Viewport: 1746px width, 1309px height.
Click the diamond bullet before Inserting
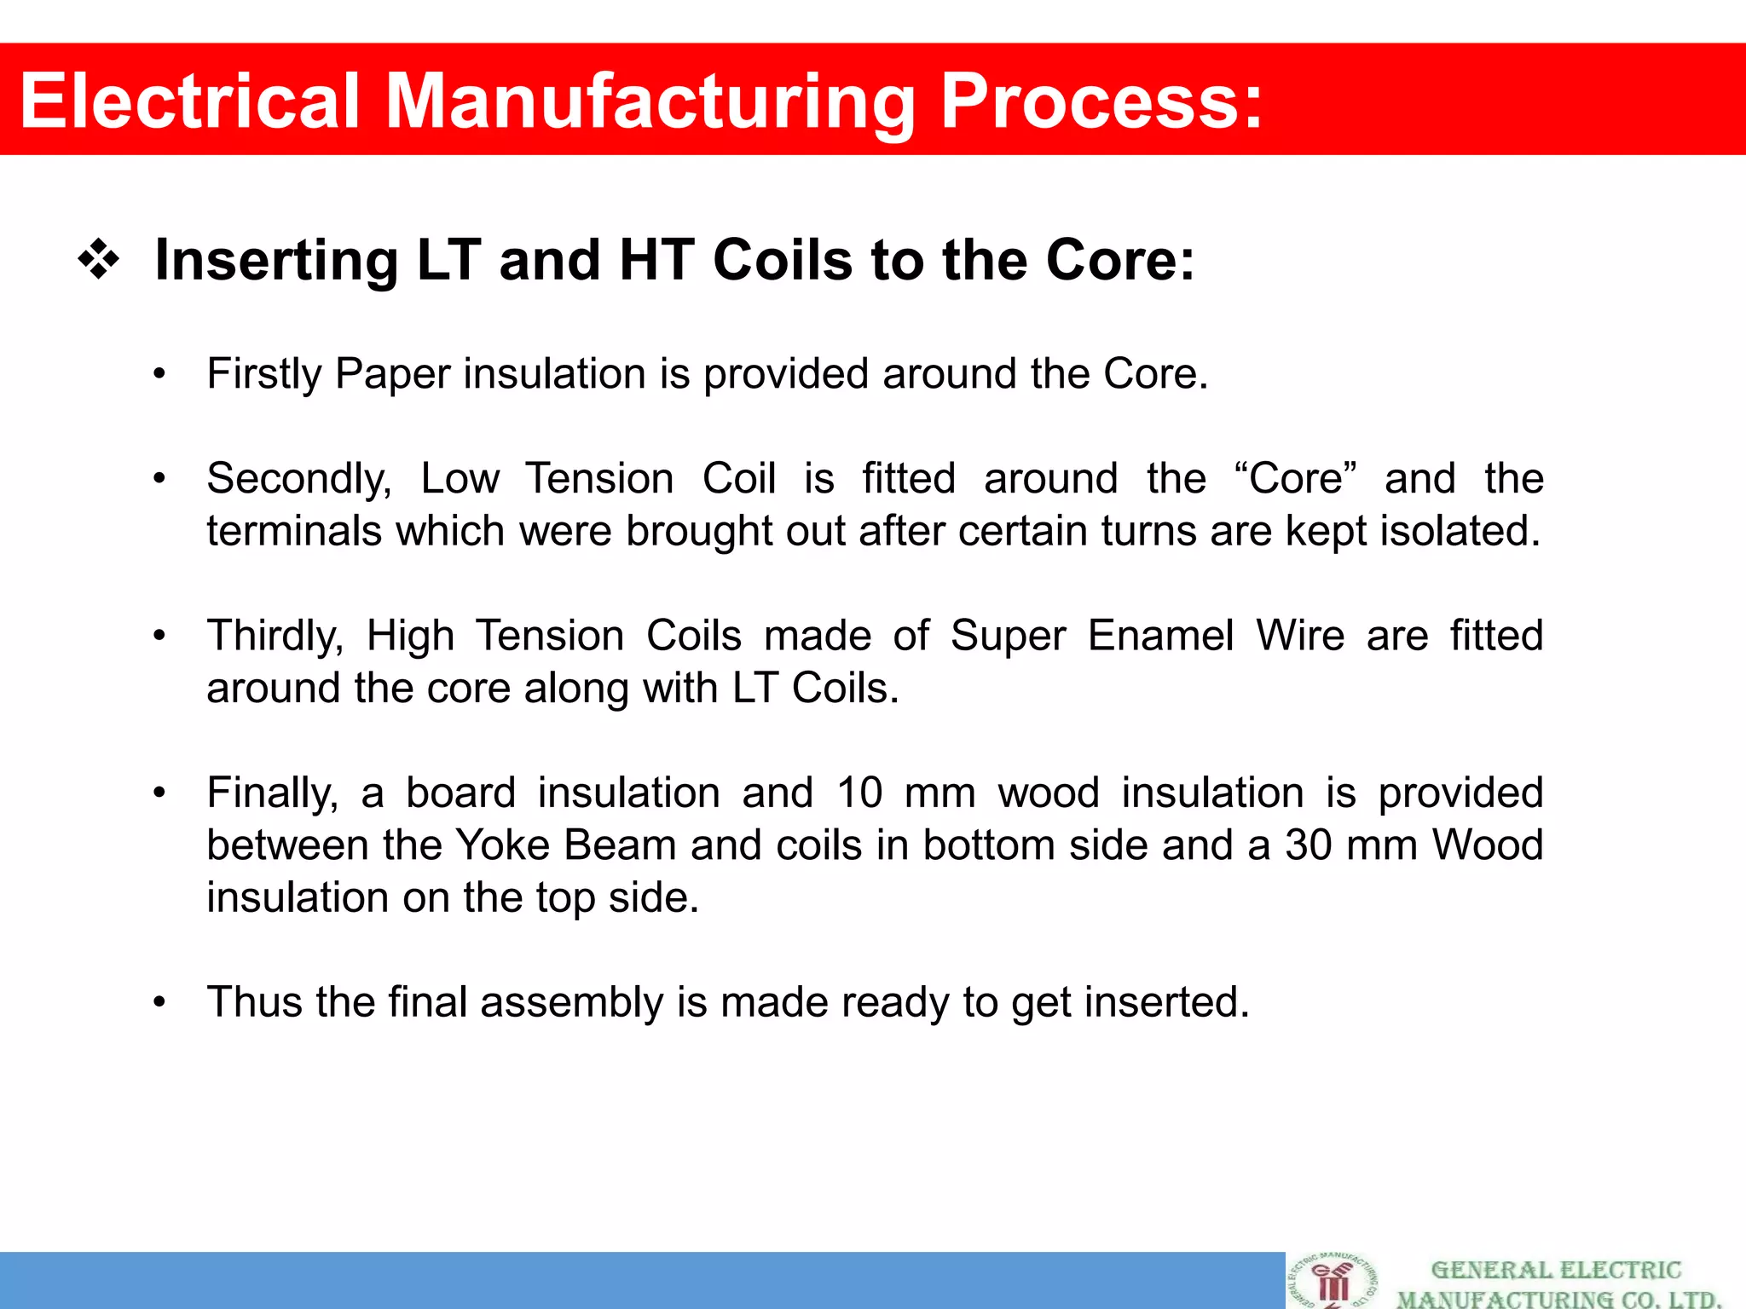pyautogui.click(x=99, y=260)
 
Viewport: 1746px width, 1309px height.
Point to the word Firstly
pyautogui.click(x=263, y=374)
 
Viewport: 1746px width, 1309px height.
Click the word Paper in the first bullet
pyautogui.click(x=392, y=374)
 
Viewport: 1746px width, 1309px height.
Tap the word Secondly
pyautogui.click(x=298, y=479)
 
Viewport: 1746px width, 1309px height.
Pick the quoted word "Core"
pyautogui.click(x=1295, y=477)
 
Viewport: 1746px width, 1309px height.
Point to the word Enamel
pyautogui.click(x=1160, y=636)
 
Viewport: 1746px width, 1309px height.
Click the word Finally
pyautogui.click(x=272, y=793)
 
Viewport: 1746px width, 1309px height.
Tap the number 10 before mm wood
pyautogui.click(x=859, y=793)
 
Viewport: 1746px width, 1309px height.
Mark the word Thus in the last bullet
pyautogui.click(x=254, y=1002)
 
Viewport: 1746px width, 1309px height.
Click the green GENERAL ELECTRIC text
pyautogui.click(x=1556, y=1271)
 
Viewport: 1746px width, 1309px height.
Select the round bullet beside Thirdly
pyautogui.click(x=159, y=636)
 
